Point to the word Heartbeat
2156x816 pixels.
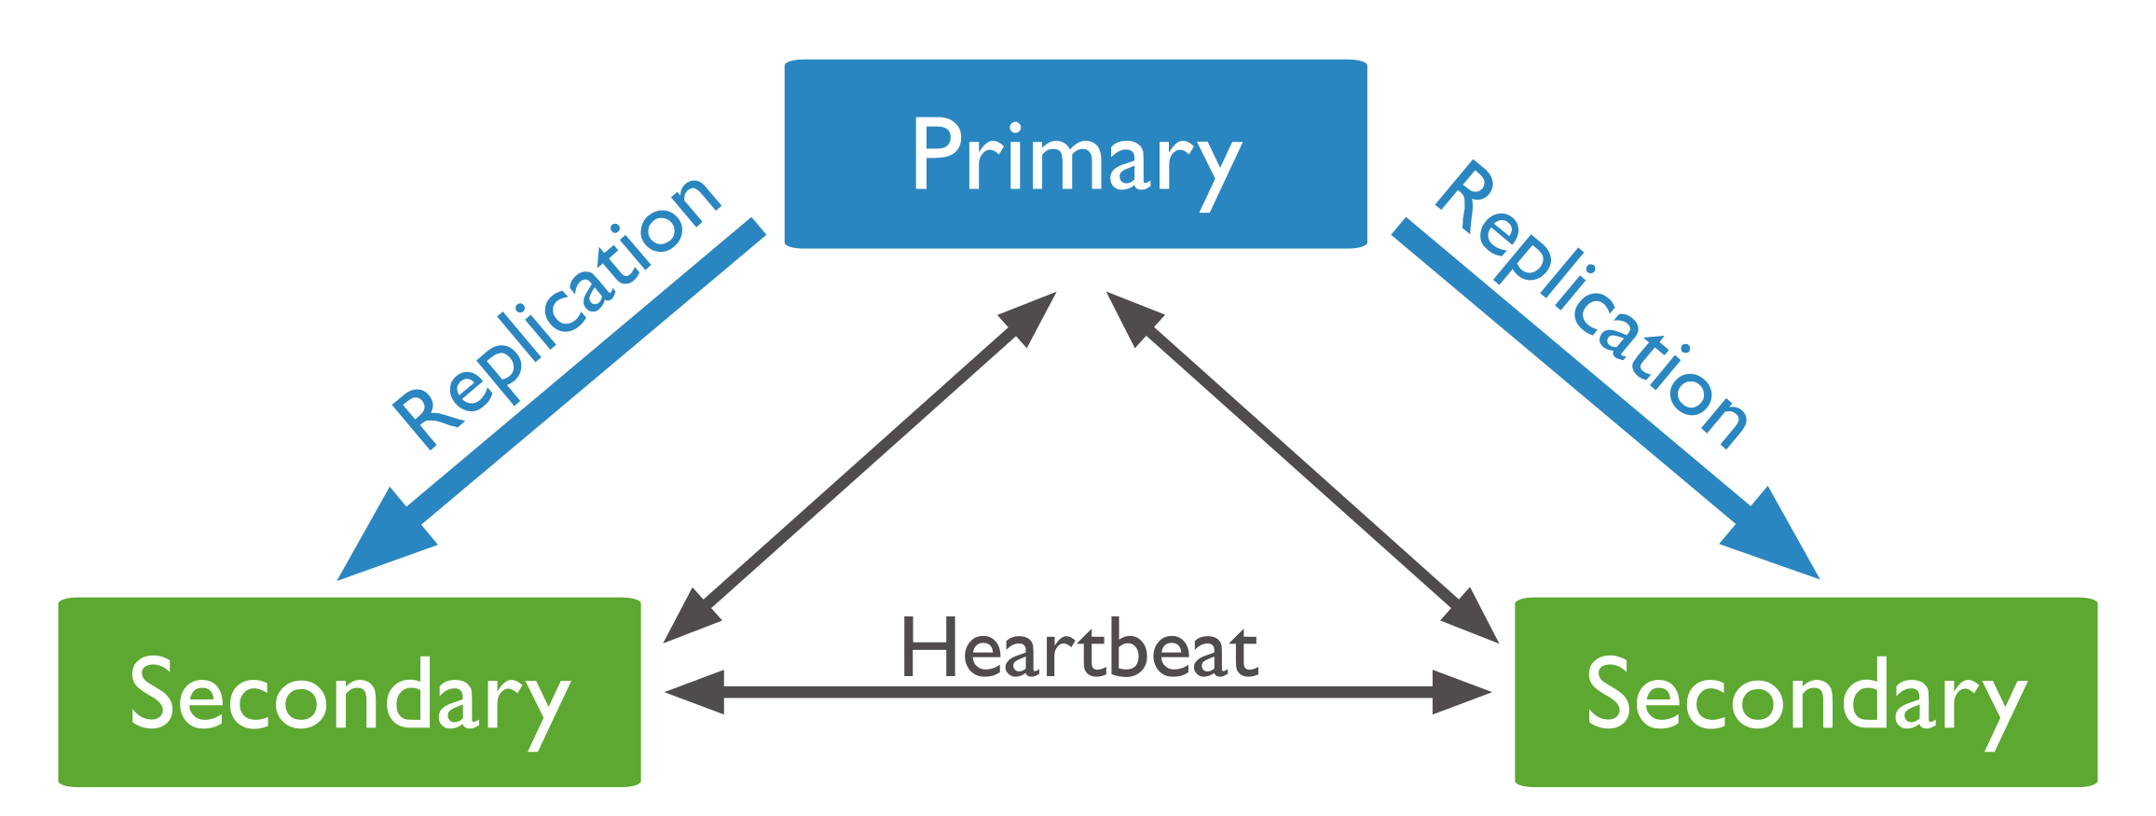(1079, 650)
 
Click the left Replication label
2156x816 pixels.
(556, 312)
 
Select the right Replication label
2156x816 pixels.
(1591, 305)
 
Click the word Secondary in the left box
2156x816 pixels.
(350, 695)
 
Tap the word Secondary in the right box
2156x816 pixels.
(1806, 695)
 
